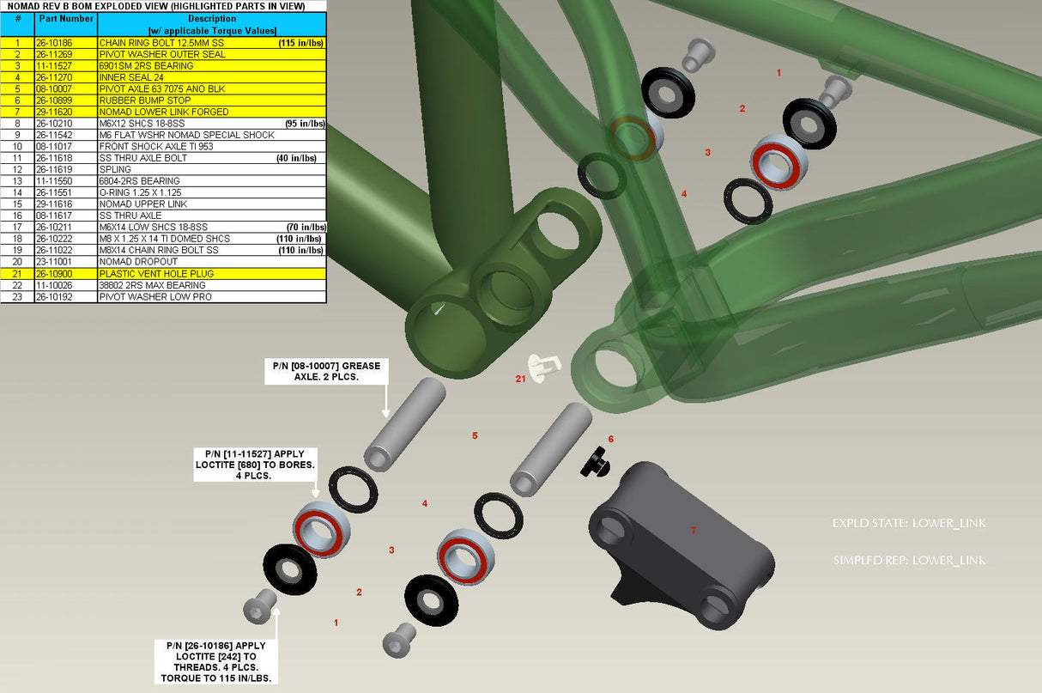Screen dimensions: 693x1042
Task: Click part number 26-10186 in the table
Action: click(x=53, y=42)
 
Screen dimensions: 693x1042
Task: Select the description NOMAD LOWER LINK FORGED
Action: click(x=163, y=112)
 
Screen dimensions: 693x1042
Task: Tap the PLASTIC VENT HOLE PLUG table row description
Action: click(x=156, y=273)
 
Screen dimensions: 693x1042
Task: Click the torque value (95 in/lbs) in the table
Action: click(x=305, y=124)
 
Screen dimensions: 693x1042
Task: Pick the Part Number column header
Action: click(x=66, y=18)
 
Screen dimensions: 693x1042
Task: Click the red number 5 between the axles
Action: click(x=475, y=436)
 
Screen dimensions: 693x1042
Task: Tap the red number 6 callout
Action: click(x=611, y=440)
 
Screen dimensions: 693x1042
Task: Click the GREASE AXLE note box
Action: click(x=325, y=371)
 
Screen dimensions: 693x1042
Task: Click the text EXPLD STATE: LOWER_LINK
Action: click(x=909, y=523)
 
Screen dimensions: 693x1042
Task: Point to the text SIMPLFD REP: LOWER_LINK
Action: click(x=909, y=561)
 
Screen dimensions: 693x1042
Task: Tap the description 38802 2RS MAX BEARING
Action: click(x=152, y=285)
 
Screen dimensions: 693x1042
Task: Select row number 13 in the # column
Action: click(x=17, y=181)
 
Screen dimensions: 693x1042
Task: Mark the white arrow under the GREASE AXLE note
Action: click(x=385, y=402)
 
